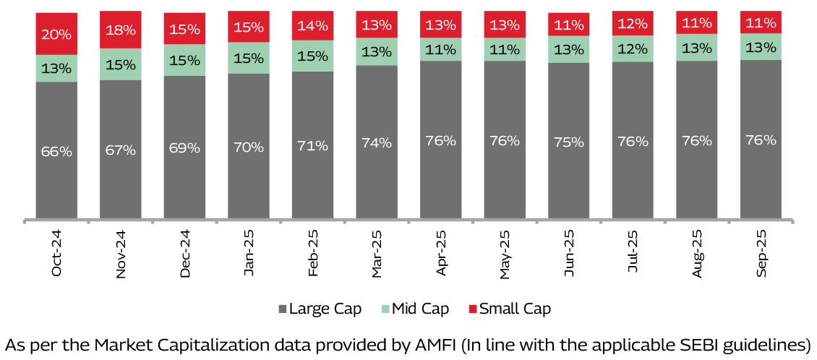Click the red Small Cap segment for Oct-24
point(56,33)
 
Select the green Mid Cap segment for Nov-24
point(120,64)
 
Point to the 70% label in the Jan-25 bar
point(248,146)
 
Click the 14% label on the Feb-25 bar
point(312,26)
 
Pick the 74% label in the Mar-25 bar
point(377,143)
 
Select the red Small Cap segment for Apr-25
point(440,25)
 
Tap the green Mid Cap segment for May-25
point(505,50)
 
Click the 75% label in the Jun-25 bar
point(568,142)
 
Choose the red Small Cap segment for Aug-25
point(697,22)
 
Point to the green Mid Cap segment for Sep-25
point(761,47)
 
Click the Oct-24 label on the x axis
point(57,253)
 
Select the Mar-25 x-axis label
point(377,253)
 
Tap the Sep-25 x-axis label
point(761,253)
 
